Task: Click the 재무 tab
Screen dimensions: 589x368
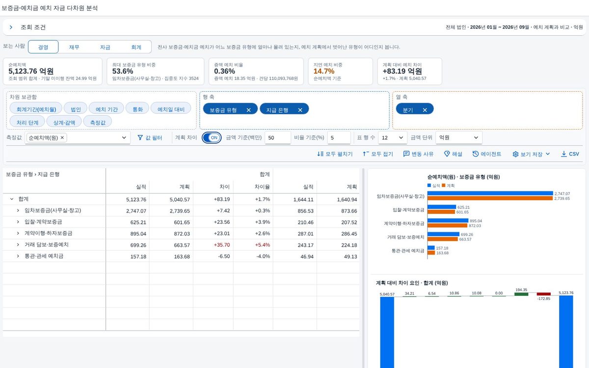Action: pyautogui.click(x=74, y=47)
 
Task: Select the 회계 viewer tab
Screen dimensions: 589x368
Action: pyautogui.click(x=136, y=47)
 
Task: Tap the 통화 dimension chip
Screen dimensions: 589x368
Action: pyautogui.click(x=137, y=109)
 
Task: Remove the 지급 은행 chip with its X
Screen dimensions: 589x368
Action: pyautogui.click(x=300, y=110)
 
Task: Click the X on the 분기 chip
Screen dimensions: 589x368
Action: pyautogui.click(x=425, y=110)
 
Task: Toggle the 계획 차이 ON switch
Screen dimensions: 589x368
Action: pyautogui.click(x=212, y=137)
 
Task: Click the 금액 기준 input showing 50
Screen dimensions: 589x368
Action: pyautogui.click(x=278, y=138)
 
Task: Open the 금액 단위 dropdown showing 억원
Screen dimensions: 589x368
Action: pyautogui.click(x=459, y=138)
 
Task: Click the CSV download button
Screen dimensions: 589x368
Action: pyautogui.click(x=570, y=154)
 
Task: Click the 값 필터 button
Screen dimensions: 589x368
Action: pyautogui.click(x=150, y=138)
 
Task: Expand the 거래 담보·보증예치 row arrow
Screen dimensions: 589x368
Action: pyautogui.click(x=18, y=245)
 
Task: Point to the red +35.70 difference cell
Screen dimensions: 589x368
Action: pyautogui.click(x=222, y=245)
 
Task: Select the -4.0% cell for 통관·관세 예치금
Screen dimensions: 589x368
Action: pyautogui.click(x=263, y=256)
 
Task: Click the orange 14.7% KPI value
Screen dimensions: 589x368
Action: pyautogui.click(x=323, y=71)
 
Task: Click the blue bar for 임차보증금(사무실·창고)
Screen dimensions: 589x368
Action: pyautogui.click(x=490, y=193)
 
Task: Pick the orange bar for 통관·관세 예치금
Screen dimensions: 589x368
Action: pyautogui.click(x=431, y=253)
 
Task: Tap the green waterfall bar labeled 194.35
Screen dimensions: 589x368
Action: pyautogui.click(x=521, y=294)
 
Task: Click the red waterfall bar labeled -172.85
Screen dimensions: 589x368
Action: pyautogui.click(x=543, y=294)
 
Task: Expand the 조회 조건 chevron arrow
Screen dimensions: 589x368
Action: pyautogui.click(x=11, y=27)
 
